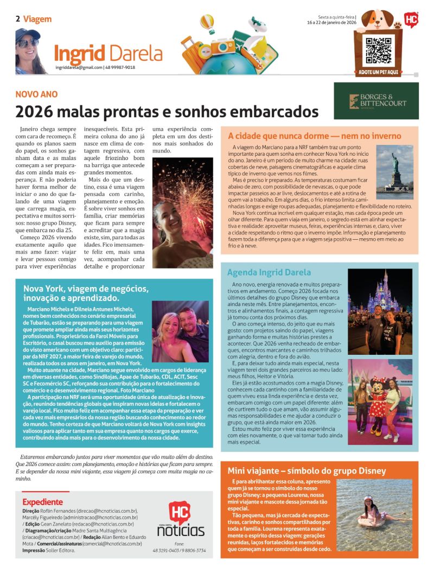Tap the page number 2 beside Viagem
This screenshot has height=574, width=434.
[18, 19]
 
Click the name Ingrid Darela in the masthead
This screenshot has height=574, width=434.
[108, 53]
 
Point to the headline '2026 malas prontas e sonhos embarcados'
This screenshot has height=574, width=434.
[167, 111]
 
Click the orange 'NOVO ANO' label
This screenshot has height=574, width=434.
[36, 94]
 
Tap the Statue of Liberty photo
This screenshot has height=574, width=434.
[394, 172]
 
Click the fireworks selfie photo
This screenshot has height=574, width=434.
[182, 212]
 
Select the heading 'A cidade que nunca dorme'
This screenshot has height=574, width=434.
[315, 136]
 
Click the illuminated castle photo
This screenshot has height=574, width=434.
[380, 311]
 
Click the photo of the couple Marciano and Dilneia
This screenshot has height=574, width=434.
[180, 331]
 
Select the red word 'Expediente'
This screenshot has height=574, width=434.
[42, 502]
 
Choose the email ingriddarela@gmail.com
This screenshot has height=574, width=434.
[79, 67]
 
